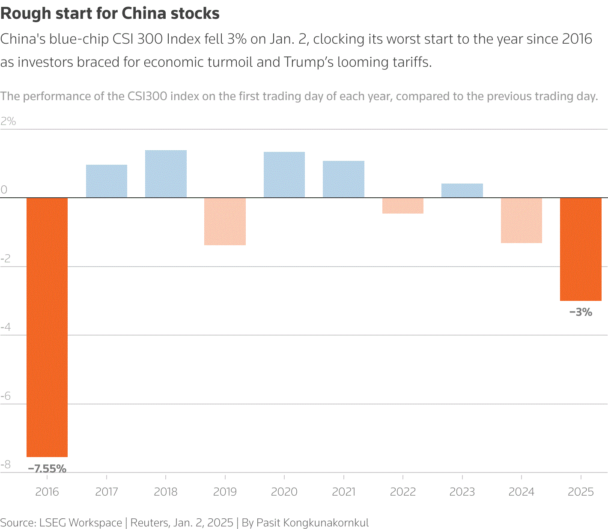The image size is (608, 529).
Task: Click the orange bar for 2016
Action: coord(47,327)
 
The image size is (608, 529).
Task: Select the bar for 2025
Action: coord(581,249)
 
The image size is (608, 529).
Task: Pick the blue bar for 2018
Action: coord(166,174)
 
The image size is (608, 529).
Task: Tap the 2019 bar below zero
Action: coord(225,221)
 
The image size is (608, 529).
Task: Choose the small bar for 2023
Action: coord(462,191)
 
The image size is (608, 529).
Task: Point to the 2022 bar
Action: coord(403,205)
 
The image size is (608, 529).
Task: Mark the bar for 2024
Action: coord(521,220)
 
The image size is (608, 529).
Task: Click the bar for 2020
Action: coord(284,175)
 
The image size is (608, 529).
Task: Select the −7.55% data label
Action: coord(47,469)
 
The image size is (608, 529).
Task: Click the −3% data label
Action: coord(581,312)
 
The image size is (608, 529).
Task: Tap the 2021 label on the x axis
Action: coord(343,492)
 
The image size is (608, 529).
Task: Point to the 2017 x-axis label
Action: coord(107,492)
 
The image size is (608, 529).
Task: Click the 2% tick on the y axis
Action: coord(8,122)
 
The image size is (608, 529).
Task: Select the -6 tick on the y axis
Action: coord(6,396)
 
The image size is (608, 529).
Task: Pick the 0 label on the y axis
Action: coord(4,190)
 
